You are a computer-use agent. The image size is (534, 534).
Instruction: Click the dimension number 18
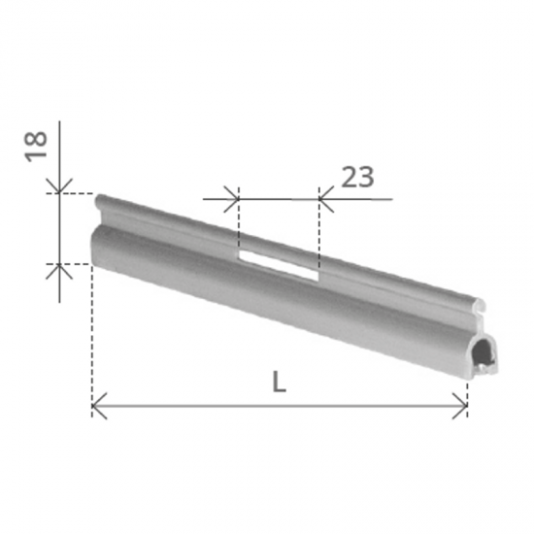[35, 146]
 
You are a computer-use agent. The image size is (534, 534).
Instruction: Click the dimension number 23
[357, 177]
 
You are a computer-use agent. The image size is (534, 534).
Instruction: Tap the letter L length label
[279, 382]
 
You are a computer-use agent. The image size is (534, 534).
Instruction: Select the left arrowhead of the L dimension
[99, 406]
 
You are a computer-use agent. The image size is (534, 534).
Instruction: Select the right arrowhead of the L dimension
[460, 406]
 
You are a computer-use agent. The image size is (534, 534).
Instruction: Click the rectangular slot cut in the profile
[279, 266]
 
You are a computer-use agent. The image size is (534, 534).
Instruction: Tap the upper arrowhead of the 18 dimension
[59, 186]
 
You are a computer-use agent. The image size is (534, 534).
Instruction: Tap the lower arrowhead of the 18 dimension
[59, 272]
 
